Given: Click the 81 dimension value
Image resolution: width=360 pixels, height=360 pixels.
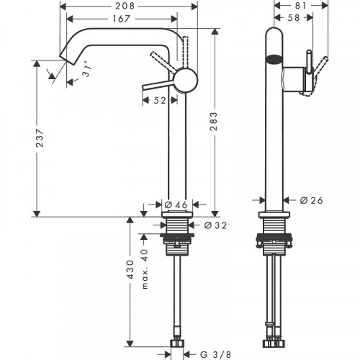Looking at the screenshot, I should pyautogui.click(x=302, y=6).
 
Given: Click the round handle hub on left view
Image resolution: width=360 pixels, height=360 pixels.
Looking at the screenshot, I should pyautogui.click(x=186, y=80).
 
